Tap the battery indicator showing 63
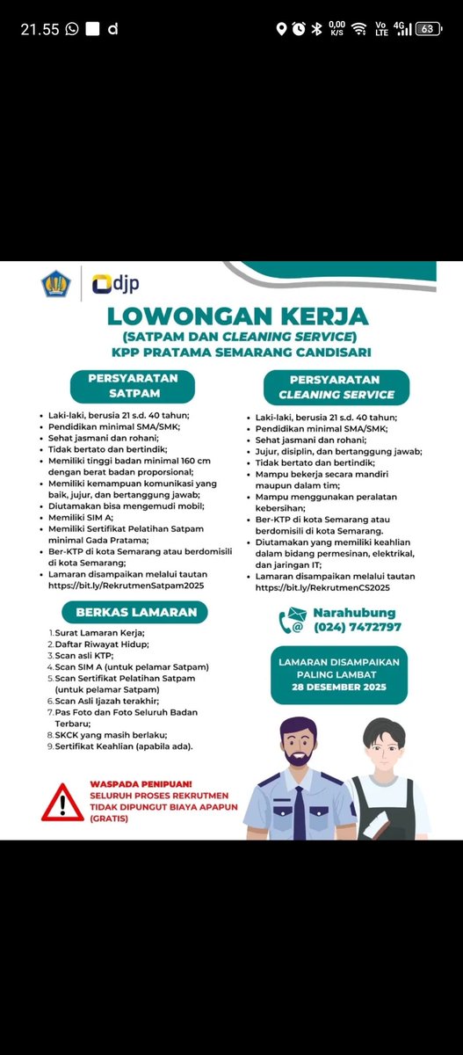427,29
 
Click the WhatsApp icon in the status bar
71,29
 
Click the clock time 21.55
39,29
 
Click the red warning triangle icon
61,802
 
